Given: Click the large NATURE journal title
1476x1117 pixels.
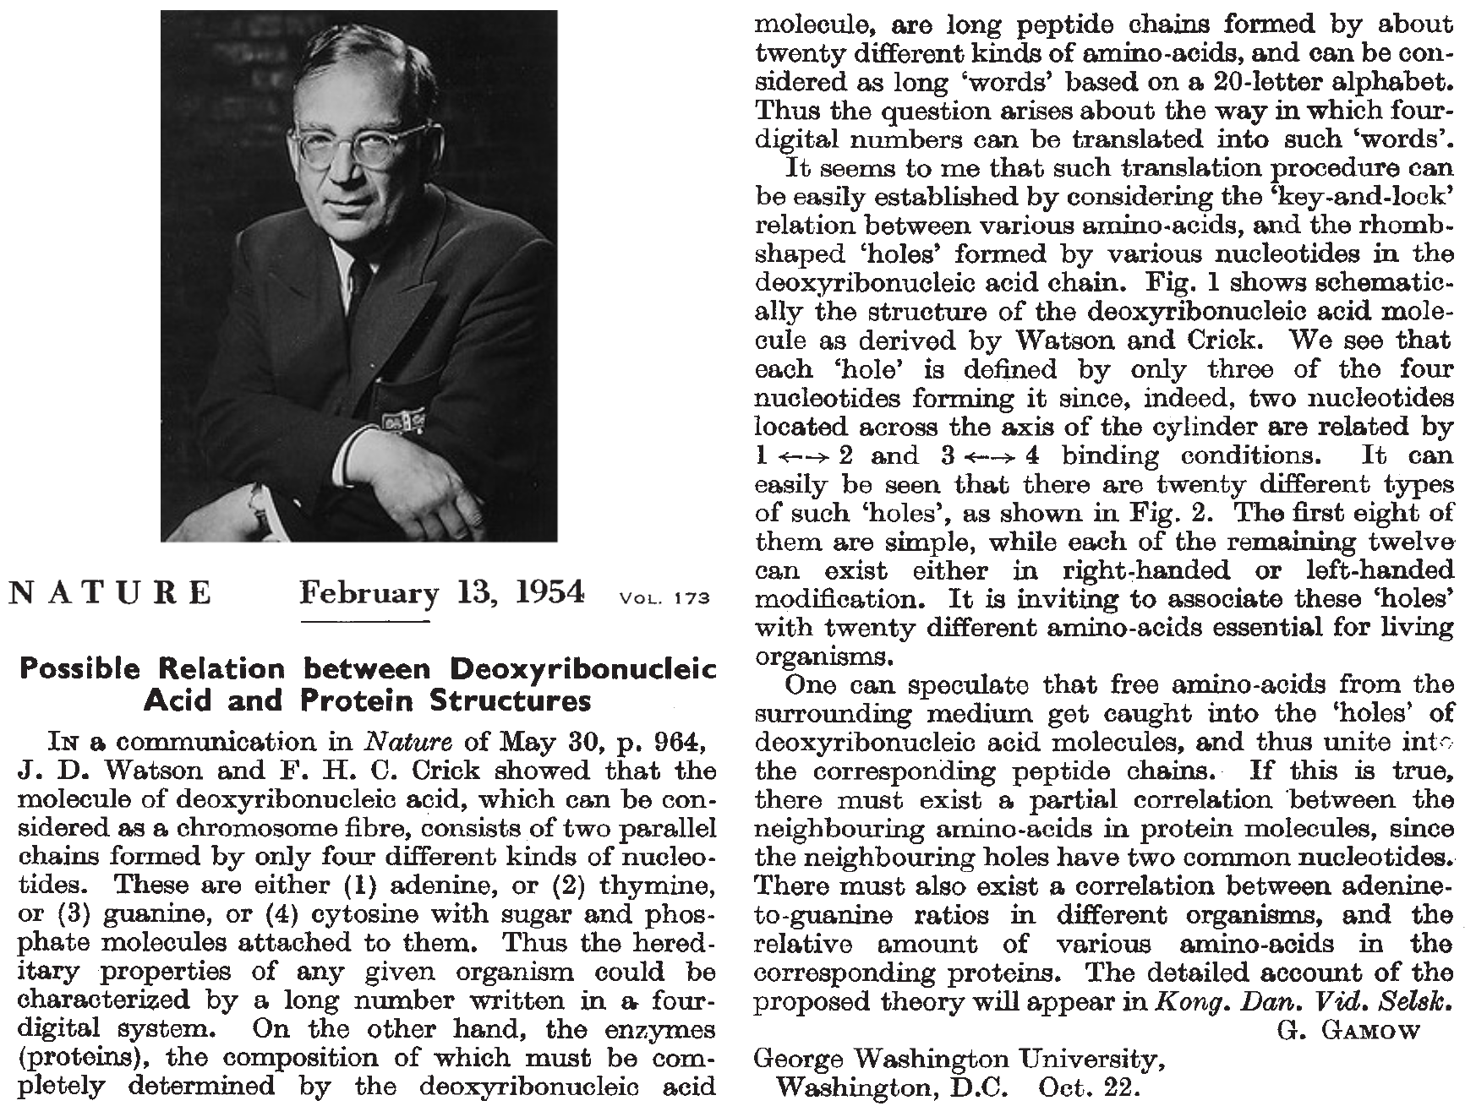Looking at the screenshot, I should (x=110, y=593).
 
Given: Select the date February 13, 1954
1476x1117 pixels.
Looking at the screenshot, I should (x=441, y=593).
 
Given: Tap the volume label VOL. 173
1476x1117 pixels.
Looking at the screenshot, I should (x=664, y=599).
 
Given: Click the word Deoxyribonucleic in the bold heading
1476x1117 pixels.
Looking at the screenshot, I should (x=583, y=669).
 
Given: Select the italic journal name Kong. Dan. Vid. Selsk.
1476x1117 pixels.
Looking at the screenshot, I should (x=1303, y=1002).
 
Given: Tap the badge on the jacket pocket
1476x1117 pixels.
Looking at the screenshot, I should (x=403, y=420).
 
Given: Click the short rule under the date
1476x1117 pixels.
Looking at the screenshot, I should (x=365, y=623).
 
